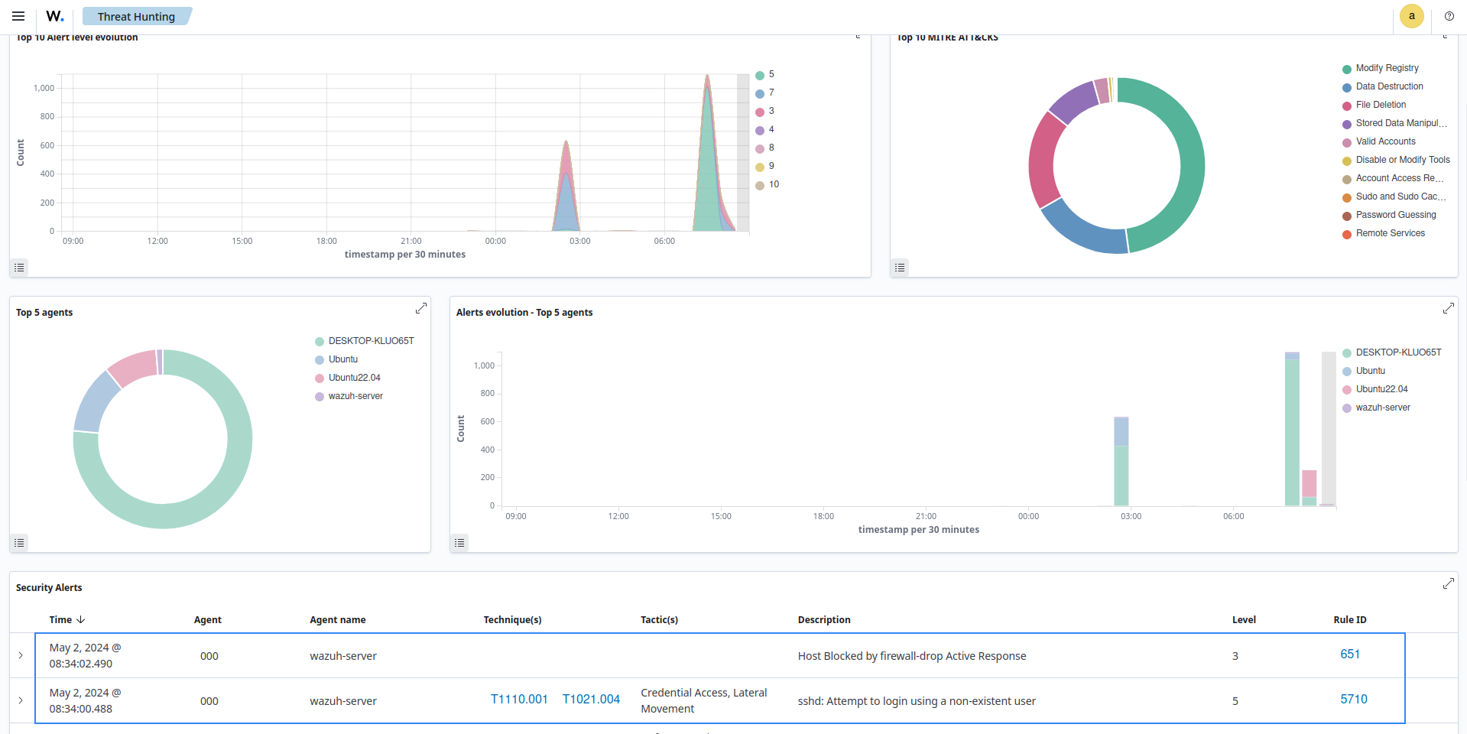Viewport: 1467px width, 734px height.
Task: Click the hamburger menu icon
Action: pos(18,16)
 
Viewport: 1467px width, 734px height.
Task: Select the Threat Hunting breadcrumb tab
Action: pos(136,17)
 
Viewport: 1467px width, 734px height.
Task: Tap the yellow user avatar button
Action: pos(1411,16)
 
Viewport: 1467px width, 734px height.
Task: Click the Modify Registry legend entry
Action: pos(1386,68)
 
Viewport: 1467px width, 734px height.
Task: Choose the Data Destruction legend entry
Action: pos(1388,86)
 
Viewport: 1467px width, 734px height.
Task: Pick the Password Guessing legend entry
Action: pos(1395,215)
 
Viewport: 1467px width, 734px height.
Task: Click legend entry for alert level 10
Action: pos(773,184)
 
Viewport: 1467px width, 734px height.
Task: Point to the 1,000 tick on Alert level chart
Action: pos(44,88)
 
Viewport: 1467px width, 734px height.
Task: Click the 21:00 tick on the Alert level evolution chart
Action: pos(411,241)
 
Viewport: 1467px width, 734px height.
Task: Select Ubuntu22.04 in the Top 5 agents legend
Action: pos(354,378)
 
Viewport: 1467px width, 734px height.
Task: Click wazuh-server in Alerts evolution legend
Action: pos(1382,408)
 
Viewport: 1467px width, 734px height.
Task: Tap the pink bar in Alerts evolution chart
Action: pos(1309,483)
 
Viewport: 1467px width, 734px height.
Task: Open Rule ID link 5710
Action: pos(1353,700)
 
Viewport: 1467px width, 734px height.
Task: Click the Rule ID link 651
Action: pos(1349,654)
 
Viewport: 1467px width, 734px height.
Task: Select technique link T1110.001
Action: pos(519,700)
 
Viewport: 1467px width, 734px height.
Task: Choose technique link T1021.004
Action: pos(591,700)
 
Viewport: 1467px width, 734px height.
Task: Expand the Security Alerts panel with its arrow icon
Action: pos(1448,584)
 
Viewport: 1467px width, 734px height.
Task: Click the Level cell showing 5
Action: pos(1235,701)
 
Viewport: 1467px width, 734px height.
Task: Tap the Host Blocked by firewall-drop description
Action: pos(911,656)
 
